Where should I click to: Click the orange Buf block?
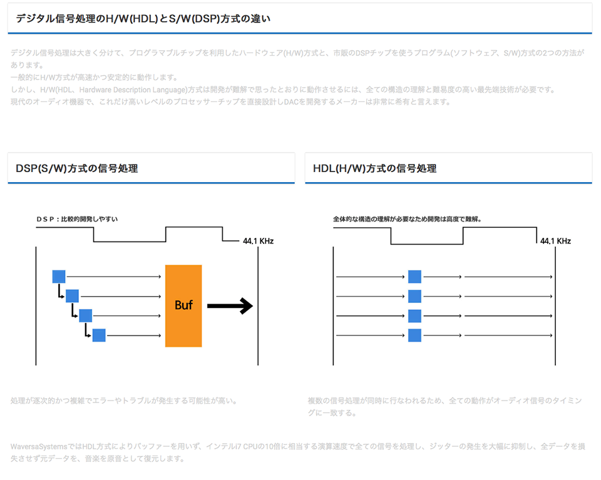[183, 305]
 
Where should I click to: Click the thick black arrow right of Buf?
[229, 306]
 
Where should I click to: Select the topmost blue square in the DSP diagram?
[59, 277]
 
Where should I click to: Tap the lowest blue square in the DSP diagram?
[99, 335]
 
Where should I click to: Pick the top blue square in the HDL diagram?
[414, 277]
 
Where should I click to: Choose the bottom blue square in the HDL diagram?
[414, 335]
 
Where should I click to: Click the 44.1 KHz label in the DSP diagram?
[258, 241]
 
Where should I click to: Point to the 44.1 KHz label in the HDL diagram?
[555, 241]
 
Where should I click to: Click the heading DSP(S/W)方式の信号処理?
[77, 168]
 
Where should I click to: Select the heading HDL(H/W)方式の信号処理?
[374, 168]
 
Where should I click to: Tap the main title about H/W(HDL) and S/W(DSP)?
[143, 19]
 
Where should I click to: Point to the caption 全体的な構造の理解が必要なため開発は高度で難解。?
[411, 220]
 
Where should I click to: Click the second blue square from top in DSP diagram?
[72, 296]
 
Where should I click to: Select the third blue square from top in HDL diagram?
[414, 316]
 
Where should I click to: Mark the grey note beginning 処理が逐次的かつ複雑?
[124, 401]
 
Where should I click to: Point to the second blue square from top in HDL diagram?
[414, 296]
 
